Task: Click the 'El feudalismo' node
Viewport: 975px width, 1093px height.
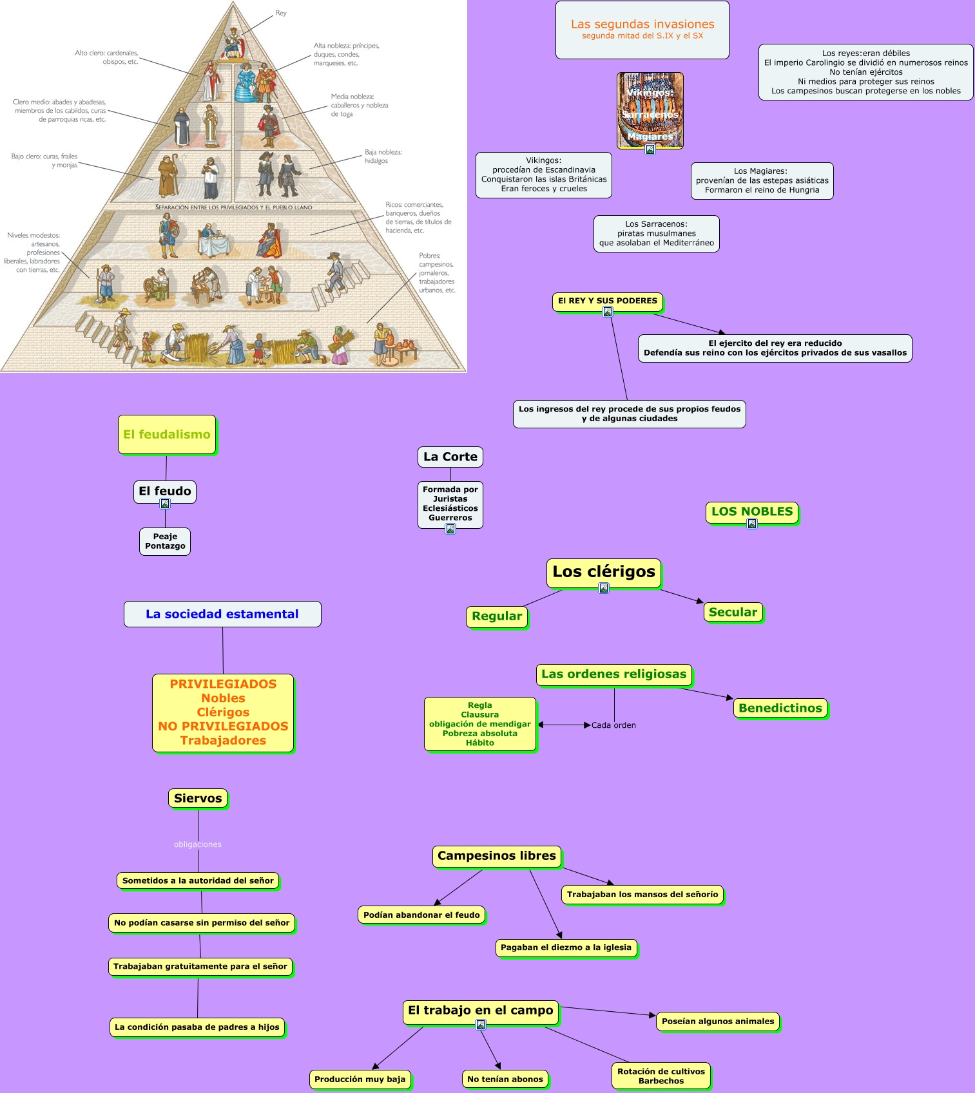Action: [167, 435]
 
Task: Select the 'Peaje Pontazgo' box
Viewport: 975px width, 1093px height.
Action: [165, 541]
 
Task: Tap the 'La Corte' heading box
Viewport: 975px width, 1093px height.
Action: [450, 457]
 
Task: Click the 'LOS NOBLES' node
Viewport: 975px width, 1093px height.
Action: [752, 511]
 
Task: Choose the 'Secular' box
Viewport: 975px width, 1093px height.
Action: [733, 612]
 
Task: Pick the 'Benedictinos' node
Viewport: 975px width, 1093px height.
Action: [780, 708]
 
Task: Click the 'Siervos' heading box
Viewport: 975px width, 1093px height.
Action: [198, 798]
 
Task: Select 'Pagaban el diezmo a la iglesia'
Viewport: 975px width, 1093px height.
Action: [566, 947]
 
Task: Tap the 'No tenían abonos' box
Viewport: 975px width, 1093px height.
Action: [505, 1079]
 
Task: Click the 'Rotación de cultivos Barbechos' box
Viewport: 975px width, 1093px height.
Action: [661, 1076]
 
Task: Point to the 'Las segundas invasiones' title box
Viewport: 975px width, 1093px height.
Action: [642, 30]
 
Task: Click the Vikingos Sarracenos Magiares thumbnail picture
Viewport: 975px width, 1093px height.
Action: [650, 110]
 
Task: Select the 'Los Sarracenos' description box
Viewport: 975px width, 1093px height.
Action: [656, 233]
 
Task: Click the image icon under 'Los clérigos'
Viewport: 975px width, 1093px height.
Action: [604, 588]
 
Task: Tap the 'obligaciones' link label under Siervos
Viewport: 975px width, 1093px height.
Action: [198, 844]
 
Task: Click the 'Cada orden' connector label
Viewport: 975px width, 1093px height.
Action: [613, 725]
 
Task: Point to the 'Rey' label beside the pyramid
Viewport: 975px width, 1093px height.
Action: [281, 13]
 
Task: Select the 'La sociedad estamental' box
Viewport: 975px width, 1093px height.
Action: [222, 614]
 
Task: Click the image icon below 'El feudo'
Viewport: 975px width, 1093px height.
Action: [165, 504]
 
